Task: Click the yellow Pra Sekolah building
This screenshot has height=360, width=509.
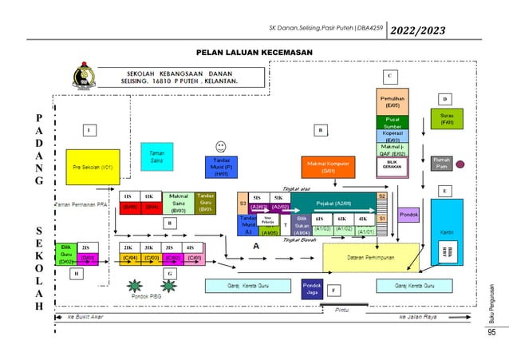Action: point(92,168)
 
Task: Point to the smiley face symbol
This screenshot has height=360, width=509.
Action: point(220,146)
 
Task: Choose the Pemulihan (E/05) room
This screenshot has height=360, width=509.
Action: point(392,101)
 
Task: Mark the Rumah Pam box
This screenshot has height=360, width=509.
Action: point(441,163)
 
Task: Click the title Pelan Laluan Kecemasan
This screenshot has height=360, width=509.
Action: point(254,52)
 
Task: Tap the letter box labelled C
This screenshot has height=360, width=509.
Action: point(389,76)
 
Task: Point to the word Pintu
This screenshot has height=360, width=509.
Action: point(342,309)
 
